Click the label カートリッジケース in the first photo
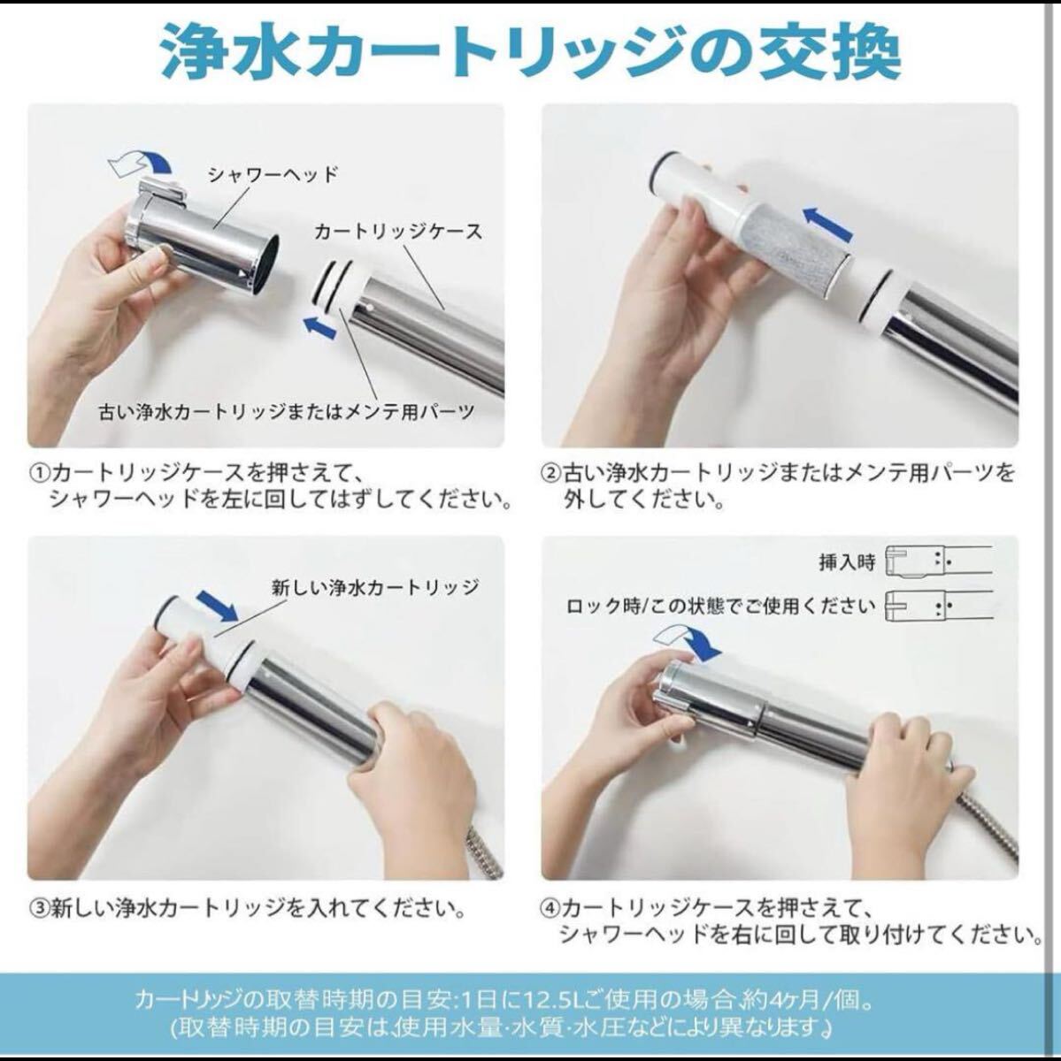pos(398,232)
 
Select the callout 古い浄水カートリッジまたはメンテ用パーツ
pos(287,412)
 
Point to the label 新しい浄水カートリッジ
pos(375,588)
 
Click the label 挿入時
pos(847,562)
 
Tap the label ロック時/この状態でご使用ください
pos(721,607)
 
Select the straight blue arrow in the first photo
pos(320,327)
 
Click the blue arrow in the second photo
pos(827,223)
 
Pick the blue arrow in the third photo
pos(217,605)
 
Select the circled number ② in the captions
pos(550,474)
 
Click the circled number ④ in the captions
pos(550,907)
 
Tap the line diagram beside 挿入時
pos(939,561)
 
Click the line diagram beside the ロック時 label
pos(939,607)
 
